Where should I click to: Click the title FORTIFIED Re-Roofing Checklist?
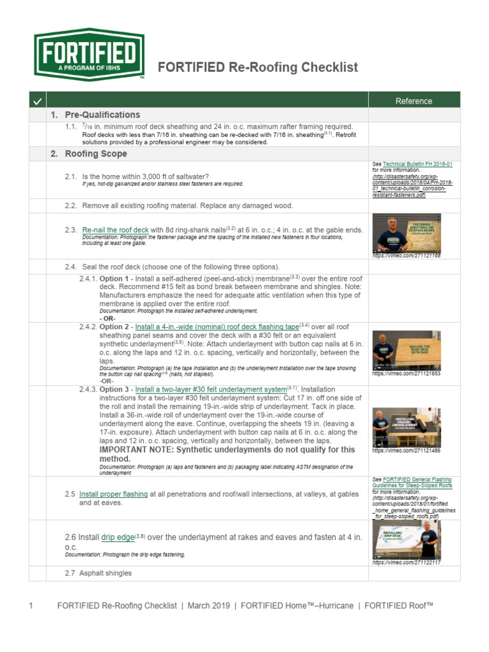[258, 67]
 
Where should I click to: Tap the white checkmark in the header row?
[38, 101]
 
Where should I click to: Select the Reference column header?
[413, 101]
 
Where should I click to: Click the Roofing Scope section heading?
[89, 154]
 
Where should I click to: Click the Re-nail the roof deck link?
[115, 229]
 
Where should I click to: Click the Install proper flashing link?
[113, 493]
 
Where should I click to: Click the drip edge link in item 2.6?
[118, 537]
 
